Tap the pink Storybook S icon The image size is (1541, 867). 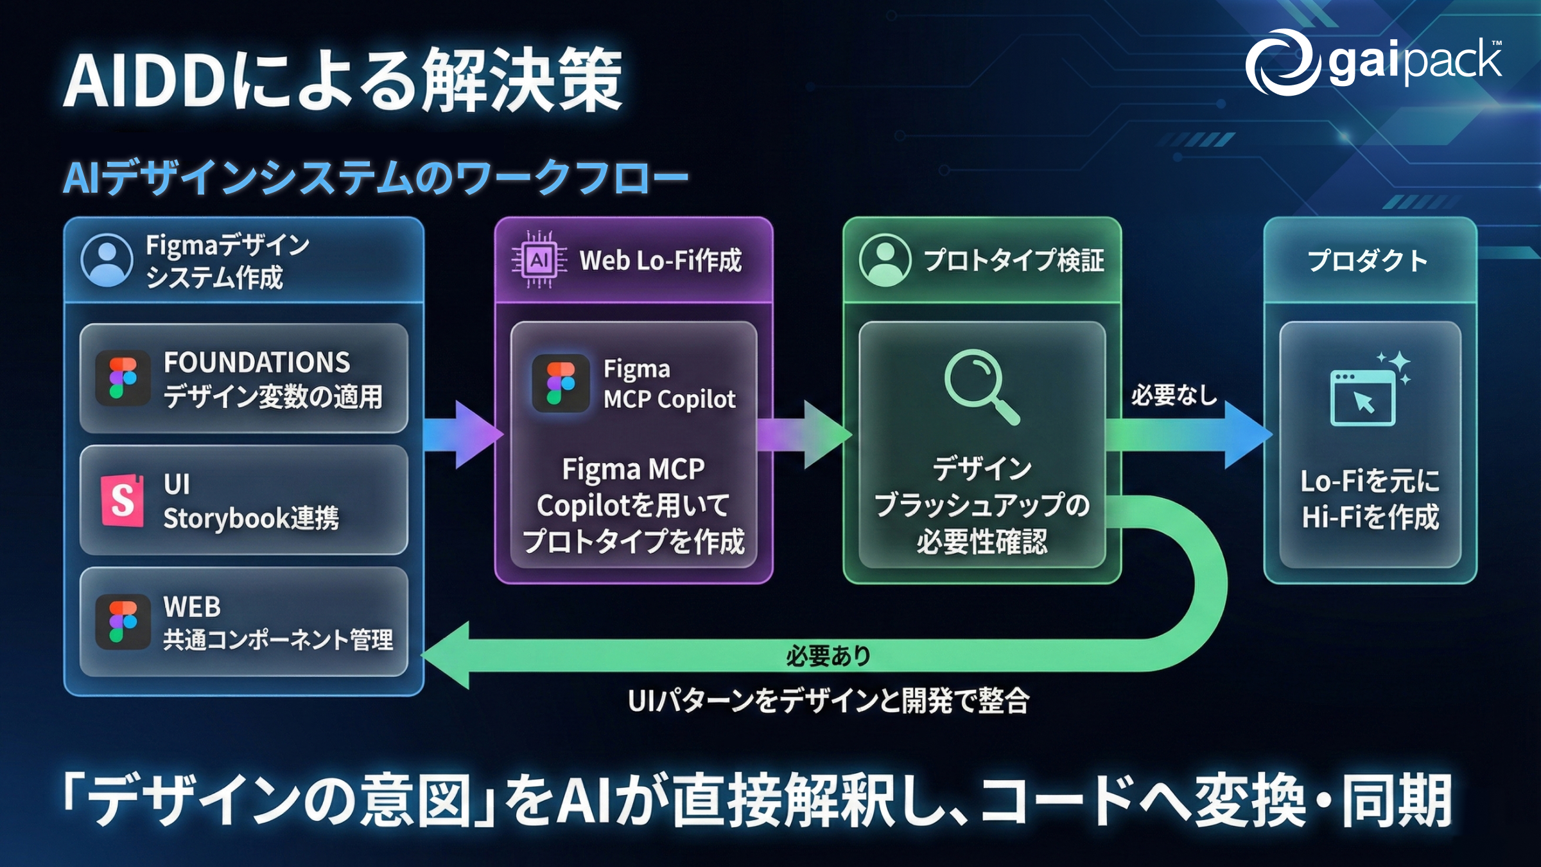pos(122,500)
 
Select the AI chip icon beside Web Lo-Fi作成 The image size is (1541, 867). pos(539,260)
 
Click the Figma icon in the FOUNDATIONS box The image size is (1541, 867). pos(123,378)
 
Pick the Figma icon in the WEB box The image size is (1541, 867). pos(123,622)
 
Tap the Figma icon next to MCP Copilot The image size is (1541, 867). pos(561,383)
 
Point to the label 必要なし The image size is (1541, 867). pos(1174,395)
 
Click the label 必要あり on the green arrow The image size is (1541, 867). pos(828,656)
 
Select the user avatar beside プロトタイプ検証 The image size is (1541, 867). pos(885,260)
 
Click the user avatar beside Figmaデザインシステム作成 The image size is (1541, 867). pos(107,260)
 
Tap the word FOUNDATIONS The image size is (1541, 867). pos(257,363)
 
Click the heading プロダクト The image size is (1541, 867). pos(1368,261)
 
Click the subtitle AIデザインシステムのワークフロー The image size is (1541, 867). pos(376,178)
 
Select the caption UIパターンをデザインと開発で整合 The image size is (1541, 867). pos(828,700)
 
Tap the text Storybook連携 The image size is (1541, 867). pos(251,518)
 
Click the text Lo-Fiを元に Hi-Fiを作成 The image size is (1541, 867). pos(1370,499)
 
